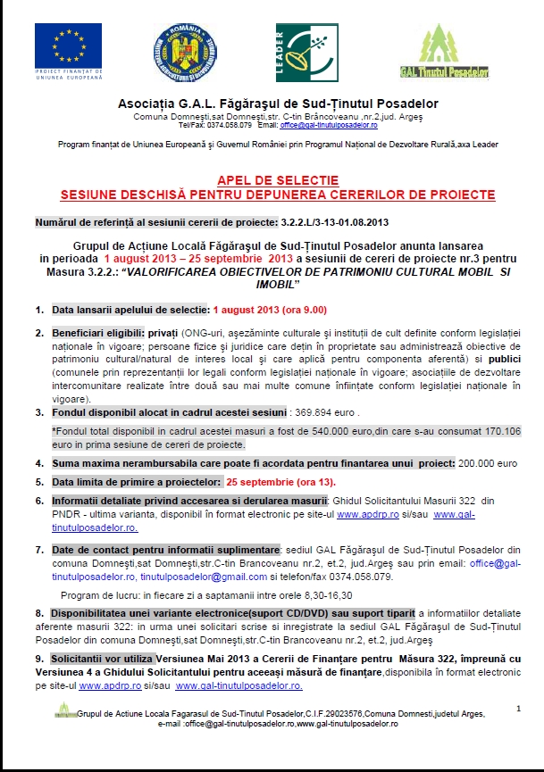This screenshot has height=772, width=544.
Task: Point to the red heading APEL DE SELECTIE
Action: point(276,180)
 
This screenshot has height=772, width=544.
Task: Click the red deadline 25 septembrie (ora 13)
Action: point(281,482)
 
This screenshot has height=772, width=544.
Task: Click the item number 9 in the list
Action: point(39,659)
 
